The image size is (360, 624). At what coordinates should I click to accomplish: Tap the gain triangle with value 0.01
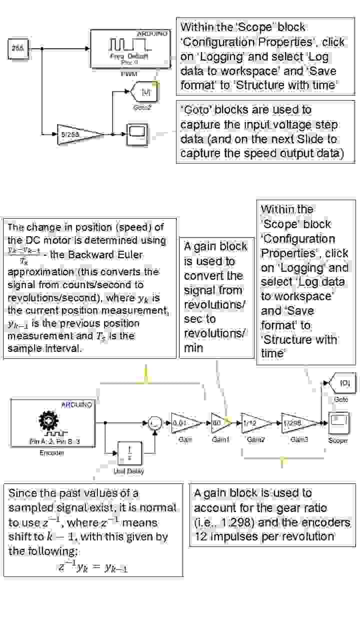click(184, 423)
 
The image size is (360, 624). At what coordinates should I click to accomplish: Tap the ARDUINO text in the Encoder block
click(76, 404)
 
